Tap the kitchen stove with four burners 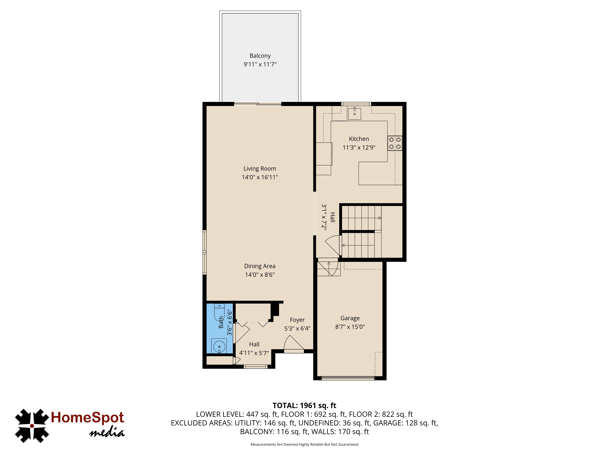click(x=395, y=143)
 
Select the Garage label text click(x=350, y=318)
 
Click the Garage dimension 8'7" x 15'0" click(x=350, y=327)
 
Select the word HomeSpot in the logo click(x=88, y=418)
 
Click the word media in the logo click(x=107, y=433)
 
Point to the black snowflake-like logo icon click(x=32, y=426)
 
